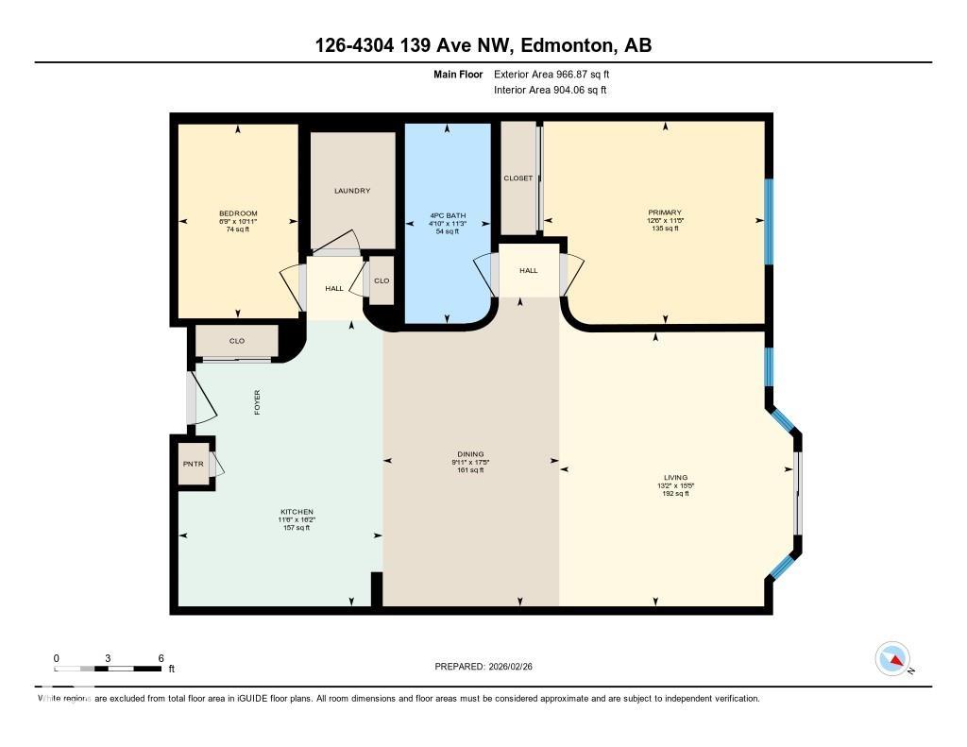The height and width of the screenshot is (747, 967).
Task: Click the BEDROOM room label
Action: pyautogui.click(x=237, y=213)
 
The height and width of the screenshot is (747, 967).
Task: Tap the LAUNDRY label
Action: pyautogui.click(x=352, y=191)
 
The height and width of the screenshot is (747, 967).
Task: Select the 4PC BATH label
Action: pyautogui.click(x=448, y=213)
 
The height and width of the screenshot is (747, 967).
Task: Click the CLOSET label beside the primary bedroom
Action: pyautogui.click(x=517, y=178)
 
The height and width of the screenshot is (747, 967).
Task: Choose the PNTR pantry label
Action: pyautogui.click(x=193, y=464)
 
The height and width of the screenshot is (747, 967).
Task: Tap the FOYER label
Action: pyautogui.click(x=256, y=402)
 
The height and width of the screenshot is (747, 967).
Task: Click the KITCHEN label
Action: pyautogui.click(x=296, y=512)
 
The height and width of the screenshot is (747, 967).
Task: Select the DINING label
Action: pyautogui.click(x=470, y=454)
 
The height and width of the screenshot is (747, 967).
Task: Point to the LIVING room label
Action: pyautogui.click(x=675, y=478)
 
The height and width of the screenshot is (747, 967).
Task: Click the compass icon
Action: pyautogui.click(x=892, y=658)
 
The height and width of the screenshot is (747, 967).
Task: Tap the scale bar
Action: pyautogui.click(x=108, y=669)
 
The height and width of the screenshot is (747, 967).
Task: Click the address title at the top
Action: pyautogui.click(x=483, y=45)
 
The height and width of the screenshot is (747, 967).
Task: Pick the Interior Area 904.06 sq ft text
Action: pyautogui.click(x=550, y=91)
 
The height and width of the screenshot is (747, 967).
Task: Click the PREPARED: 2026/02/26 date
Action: pyautogui.click(x=489, y=667)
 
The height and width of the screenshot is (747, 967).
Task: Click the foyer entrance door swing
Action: pyautogui.click(x=201, y=399)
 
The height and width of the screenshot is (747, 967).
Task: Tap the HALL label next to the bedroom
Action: pyautogui.click(x=334, y=288)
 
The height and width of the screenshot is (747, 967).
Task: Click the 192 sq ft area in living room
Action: pyautogui.click(x=675, y=494)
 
